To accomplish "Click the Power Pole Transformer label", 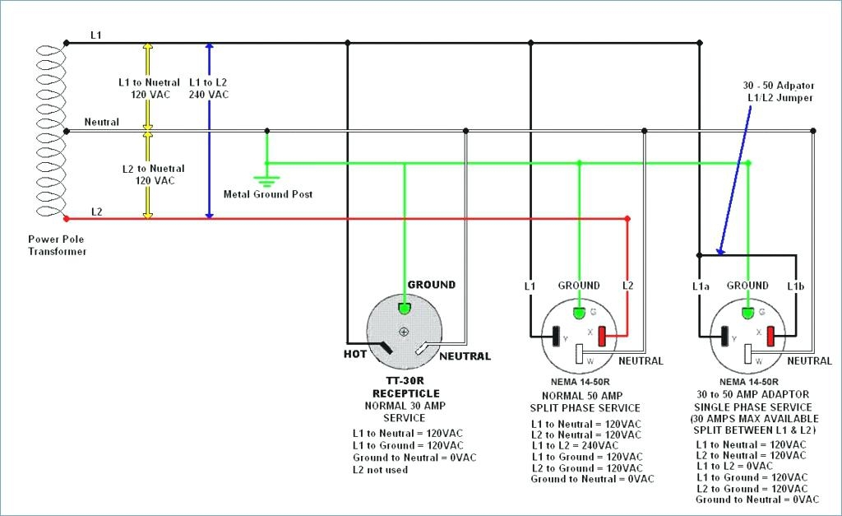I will click(57, 245).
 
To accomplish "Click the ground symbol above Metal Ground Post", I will click(266, 181).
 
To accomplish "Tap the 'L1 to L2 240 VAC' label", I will click(209, 88).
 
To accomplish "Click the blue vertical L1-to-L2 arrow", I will click(210, 132).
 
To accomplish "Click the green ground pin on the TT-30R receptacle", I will click(405, 309).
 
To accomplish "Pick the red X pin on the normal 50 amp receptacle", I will click(601, 337).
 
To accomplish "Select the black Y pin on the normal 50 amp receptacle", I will click(557, 337).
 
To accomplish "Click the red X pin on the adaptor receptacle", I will click(771, 337).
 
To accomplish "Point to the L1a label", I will click(700, 286).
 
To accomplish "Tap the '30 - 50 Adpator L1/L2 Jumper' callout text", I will click(777, 91).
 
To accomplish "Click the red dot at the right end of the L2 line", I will click(627, 219).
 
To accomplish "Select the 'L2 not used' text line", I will click(380, 470).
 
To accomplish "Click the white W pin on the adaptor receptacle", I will click(747, 354).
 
